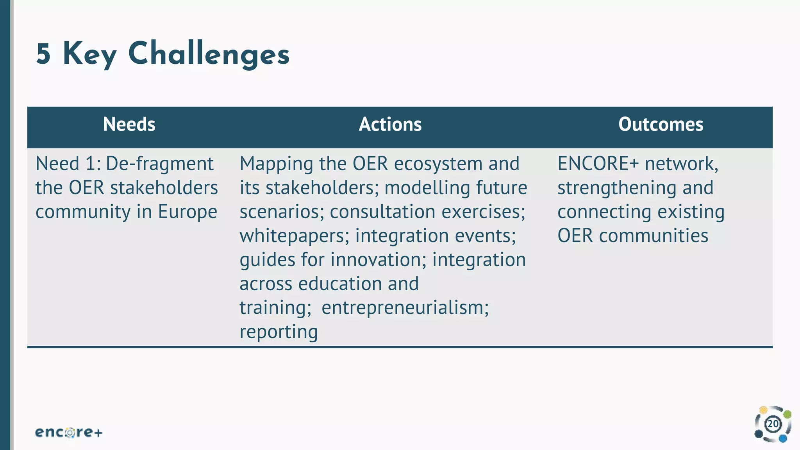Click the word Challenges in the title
click(x=209, y=54)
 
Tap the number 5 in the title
click(x=43, y=54)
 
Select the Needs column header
click(x=129, y=124)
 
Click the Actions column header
click(x=390, y=124)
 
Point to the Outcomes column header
click(x=661, y=124)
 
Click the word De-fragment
click(x=159, y=164)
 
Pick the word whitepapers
click(x=294, y=236)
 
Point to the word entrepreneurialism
click(x=405, y=308)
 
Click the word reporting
click(x=279, y=332)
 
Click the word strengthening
click(x=617, y=188)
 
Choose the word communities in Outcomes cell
click(x=653, y=236)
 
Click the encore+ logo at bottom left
click(x=69, y=432)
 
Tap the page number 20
click(x=773, y=424)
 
